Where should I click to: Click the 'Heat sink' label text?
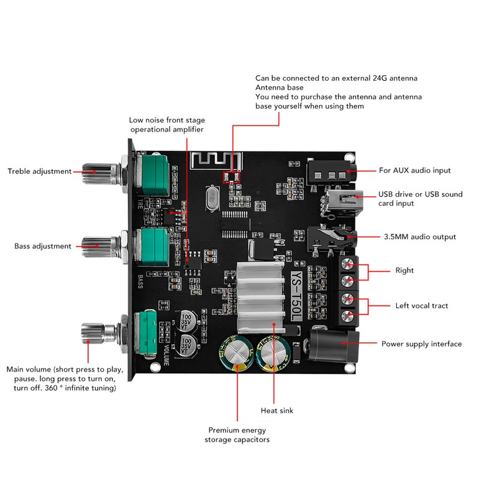[x=277, y=411]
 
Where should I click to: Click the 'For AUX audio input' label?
[x=414, y=170]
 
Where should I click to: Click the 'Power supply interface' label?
[x=421, y=344]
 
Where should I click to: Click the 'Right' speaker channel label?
[x=404, y=270]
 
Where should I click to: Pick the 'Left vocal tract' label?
[x=422, y=306]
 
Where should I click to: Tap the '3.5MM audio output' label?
[x=419, y=237]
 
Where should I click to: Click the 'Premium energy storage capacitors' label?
[x=237, y=434]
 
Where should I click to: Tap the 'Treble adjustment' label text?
[x=39, y=171]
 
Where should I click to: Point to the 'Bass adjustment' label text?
[x=42, y=246]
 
